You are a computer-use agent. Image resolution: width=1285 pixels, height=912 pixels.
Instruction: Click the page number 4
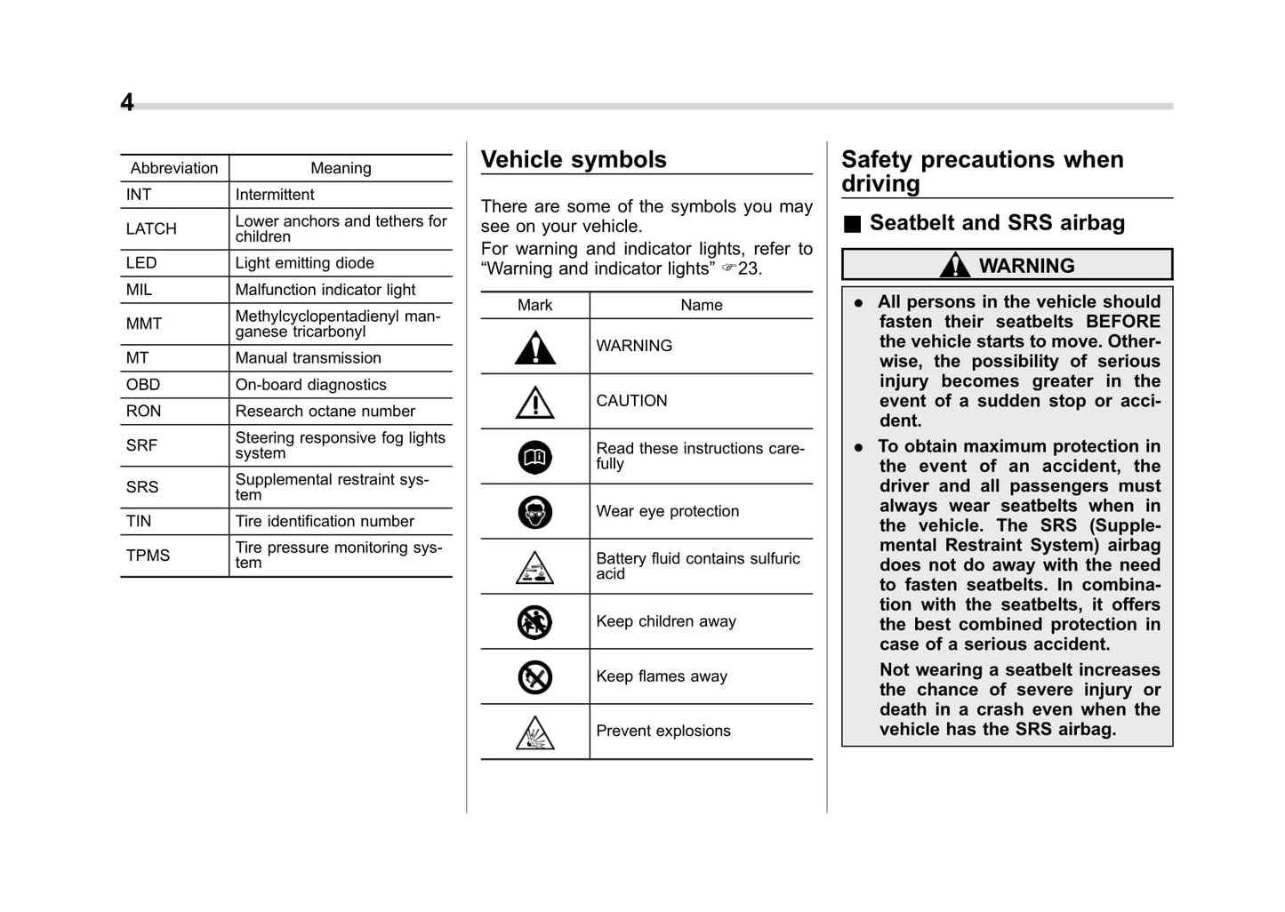pos(127,103)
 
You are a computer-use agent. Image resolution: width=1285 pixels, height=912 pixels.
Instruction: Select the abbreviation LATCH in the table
pos(151,229)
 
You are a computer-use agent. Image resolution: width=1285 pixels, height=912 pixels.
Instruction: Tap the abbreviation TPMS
pos(148,556)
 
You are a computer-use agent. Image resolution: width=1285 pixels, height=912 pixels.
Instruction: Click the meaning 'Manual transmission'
pos(308,358)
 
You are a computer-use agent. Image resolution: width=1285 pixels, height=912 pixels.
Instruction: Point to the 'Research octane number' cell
pos(325,412)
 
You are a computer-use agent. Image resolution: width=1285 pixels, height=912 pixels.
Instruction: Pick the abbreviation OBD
pos(143,385)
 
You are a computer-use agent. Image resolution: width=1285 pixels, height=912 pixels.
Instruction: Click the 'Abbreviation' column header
pos(174,168)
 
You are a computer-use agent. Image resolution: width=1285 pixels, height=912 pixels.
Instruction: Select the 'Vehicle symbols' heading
pos(574,160)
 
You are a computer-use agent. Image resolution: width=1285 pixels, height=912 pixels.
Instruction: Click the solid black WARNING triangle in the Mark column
pos(535,348)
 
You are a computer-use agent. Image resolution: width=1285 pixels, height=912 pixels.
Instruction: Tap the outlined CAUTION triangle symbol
pos(535,403)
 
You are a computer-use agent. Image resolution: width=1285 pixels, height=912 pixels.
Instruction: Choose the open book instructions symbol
pos(535,458)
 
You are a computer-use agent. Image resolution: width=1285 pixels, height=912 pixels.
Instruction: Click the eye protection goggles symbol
pos(535,512)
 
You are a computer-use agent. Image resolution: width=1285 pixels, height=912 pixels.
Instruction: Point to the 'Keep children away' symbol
pos(535,622)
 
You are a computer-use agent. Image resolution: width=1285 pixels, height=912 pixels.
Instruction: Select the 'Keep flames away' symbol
pos(535,677)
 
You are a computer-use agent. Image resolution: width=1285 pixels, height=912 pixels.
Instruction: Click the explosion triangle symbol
pos(535,733)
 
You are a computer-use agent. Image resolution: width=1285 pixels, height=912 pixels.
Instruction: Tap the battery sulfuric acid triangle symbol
pos(535,568)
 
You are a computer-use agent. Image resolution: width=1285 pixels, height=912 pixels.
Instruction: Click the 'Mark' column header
pos(535,305)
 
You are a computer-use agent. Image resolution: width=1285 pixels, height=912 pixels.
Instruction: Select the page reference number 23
pos(749,268)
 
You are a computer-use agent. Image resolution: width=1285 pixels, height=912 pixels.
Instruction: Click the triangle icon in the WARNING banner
pos(955,265)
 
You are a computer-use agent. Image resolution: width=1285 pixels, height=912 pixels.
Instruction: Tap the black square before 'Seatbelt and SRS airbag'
pos(852,224)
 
